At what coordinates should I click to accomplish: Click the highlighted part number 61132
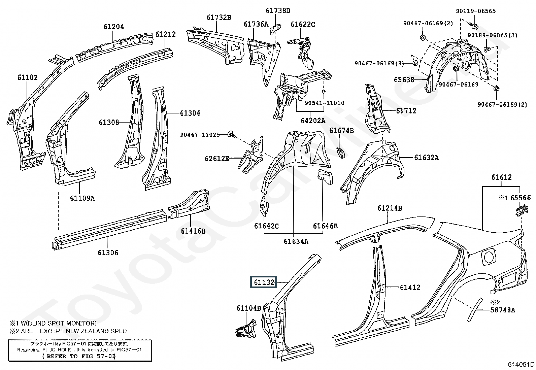point(264,282)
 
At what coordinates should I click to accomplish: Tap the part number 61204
point(114,27)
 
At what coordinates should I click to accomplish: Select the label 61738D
point(278,10)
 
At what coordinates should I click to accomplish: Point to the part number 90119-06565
point(476,11)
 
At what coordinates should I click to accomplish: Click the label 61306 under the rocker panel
point(108,253)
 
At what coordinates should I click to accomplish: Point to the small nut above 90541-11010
point(323,92)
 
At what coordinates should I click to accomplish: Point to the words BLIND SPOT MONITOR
point(62,323)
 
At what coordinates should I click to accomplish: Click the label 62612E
point(217,159)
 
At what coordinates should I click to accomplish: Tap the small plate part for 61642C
point(264,206)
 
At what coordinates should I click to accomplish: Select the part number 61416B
point(193,231)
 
